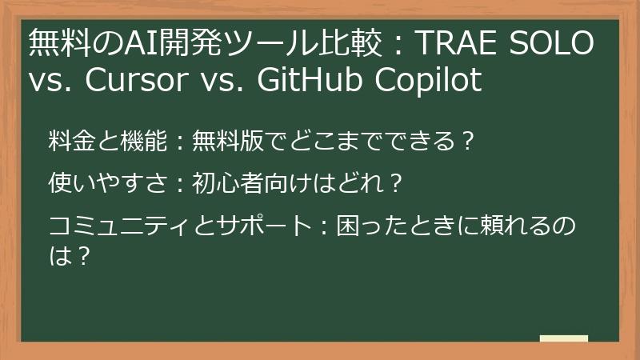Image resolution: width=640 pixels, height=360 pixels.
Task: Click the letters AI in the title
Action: point(126,45)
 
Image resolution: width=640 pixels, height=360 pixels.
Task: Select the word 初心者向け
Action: point(239,184)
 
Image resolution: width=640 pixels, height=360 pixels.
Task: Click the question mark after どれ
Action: point(392,184)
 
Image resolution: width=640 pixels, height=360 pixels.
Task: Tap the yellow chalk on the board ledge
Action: point(563,339)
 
